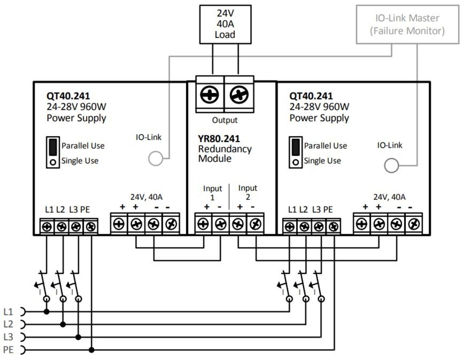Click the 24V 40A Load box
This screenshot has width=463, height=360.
click(x=225, y=24)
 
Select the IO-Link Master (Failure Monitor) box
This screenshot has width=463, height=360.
click(x=407, y=24)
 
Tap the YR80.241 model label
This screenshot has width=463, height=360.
click(x=219, y=139)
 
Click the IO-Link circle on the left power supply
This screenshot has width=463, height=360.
click(x=156, y=158)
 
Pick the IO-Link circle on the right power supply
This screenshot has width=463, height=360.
click(x=391, y=165)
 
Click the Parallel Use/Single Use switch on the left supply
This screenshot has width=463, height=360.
click(x=53, y=152)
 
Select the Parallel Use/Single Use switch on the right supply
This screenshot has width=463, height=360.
click(x=295, y=152)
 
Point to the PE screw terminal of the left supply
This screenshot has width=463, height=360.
click(x=91, y=227)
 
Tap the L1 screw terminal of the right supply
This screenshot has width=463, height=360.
click(x=290, y=227)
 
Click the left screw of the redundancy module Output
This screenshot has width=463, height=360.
click(x=210, y=95)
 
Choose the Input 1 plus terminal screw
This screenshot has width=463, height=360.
click(x=203, y=224)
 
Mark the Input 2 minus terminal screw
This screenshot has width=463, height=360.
click(x=255, y=224)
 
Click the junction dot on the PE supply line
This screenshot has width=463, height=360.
click(x=91, y=350)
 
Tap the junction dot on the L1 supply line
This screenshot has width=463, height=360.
click(x=47, y=312)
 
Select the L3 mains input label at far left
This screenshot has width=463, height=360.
click(x=8, y=337)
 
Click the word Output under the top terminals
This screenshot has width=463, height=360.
click(x=225, y=120)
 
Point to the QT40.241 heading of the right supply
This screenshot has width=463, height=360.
click(x=311, y=96)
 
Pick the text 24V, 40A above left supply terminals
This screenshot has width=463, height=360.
click(x=146, y=197)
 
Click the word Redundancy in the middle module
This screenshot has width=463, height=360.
click(x=225, y=149)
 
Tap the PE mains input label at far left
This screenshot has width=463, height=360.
click(x=8, y=350)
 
